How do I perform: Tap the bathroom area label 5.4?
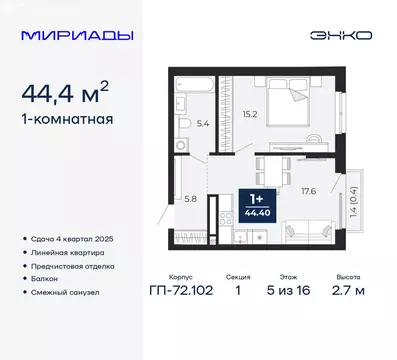[x=204, y=124]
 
